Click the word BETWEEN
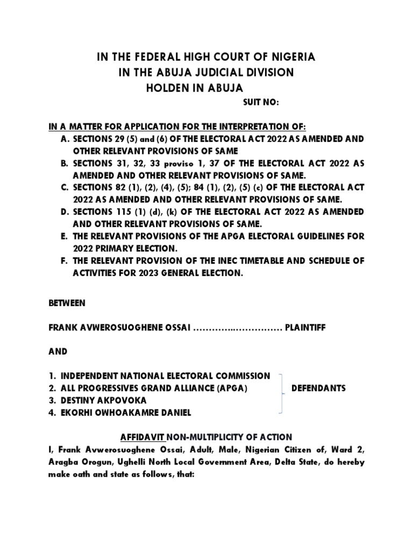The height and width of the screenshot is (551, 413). point(67,303)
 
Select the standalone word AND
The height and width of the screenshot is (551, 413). point(58,351)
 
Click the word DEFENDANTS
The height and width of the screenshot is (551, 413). point(318,388)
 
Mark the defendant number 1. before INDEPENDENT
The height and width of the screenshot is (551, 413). point(53,376)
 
